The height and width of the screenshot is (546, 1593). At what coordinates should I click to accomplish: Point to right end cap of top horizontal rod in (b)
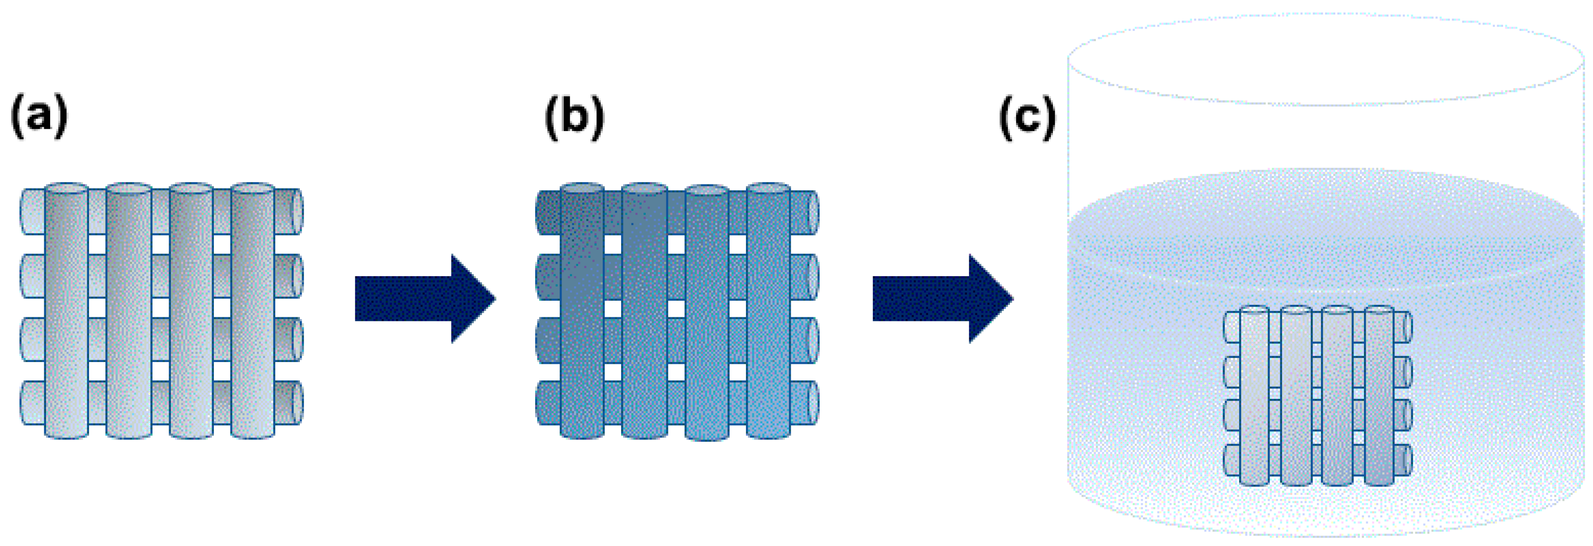pyautogui.click(x=813, y=213)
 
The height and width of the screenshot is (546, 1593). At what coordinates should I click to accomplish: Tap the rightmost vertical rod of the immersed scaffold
pyautogui.click(x=1378, y=396)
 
